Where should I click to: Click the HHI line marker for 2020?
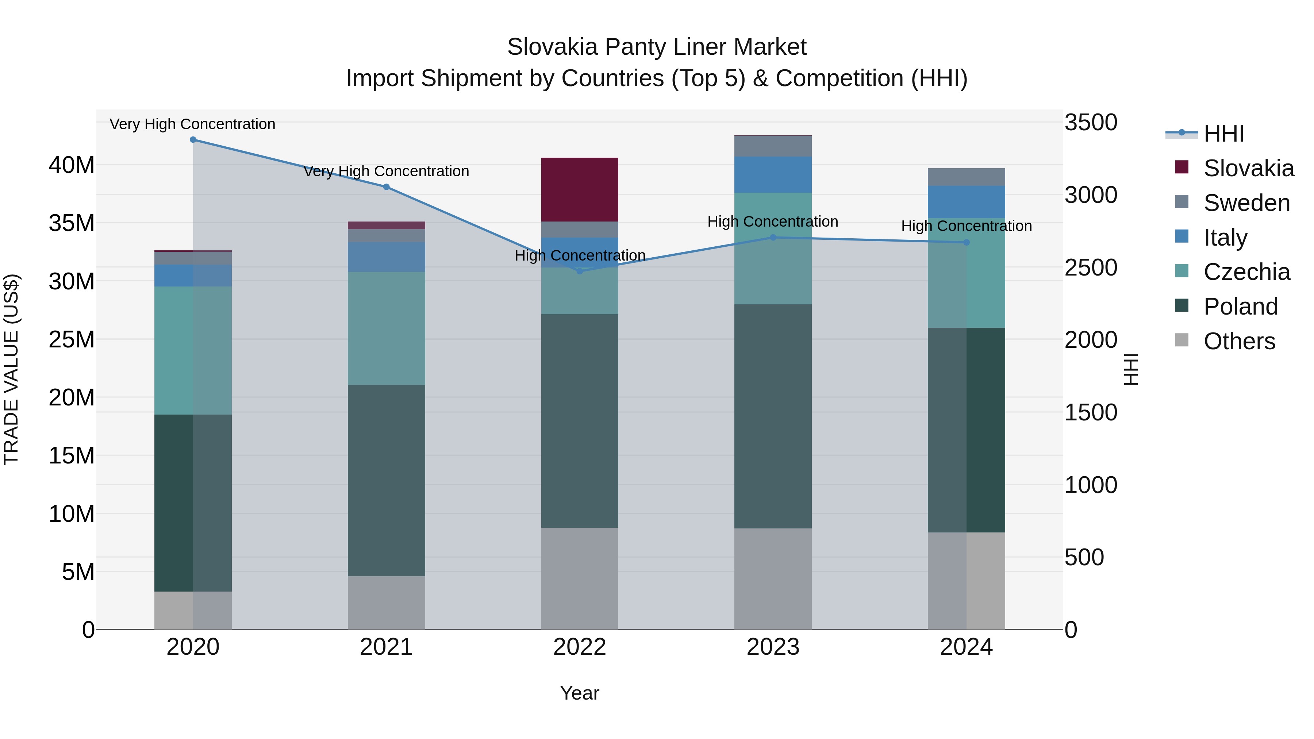pyautogui.click(x=193, y=140)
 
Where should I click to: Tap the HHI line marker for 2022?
pyautogui.click(x=580, y=271)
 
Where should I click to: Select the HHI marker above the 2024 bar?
pyautogui.click(x=966, y=242)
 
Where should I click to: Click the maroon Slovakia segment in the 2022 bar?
pyautogui.click(x=580, y=190)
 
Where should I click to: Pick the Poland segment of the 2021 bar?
pyautogui.click(x=386, y=480)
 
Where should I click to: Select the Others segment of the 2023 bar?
pyautogui.click(x=773, y=578)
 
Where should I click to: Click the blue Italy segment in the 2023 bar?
pyautogui.click(x=773, y=174)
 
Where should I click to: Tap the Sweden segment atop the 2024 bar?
pyautogui.click(x=966, y=177)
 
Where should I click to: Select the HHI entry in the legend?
pyautogui.click(x=1223, y=134)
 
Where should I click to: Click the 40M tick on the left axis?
pyautogui.click(x=72, y=165)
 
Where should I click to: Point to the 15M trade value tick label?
pyautogui.click(x=72, y=455)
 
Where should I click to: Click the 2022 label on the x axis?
pyautogui.click(x=580, y=647)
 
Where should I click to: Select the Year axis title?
pyautogui.click(x=580, y=693)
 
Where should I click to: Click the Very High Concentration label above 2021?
pyautogui.click(x=386, y=172)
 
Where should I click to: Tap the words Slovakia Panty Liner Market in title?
pyautogui.click(x=657, y=47)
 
